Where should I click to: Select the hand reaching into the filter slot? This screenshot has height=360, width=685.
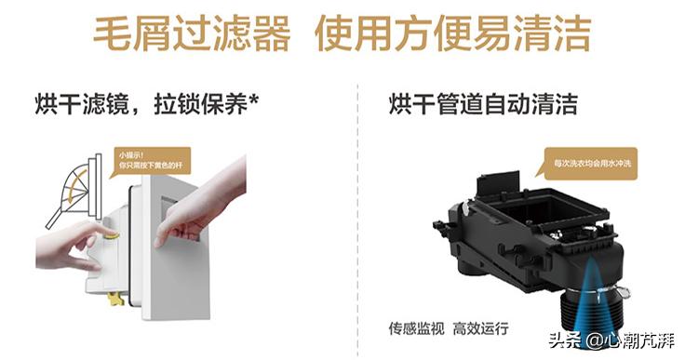point(205,200)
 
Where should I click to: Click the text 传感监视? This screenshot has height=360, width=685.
point(417,328)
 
